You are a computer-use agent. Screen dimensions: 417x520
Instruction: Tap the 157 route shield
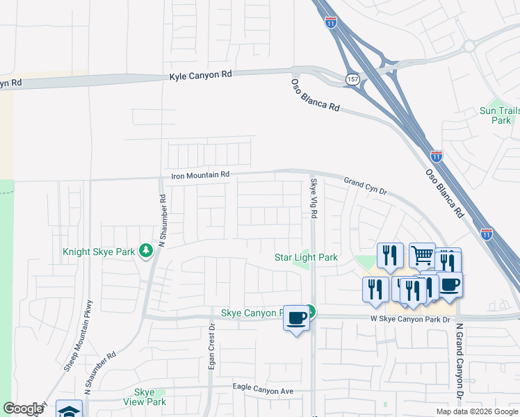[x=353, y=80]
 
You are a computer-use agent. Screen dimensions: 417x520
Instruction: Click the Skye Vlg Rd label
[x=314, y=198]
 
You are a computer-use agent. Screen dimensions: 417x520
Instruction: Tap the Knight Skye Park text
[x=99, y=252]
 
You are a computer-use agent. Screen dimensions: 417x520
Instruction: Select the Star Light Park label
[x=306, y=258]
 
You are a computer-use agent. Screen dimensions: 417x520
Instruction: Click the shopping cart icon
[x=422, y=256]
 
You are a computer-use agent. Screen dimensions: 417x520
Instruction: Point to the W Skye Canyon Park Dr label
[x=409, y=319]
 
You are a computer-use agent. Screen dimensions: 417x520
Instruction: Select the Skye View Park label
[x=149, y=397]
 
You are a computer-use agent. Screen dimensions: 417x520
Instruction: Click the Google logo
[x=23, y=409]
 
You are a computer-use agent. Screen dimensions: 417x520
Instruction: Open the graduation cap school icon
[x=70, y=411]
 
